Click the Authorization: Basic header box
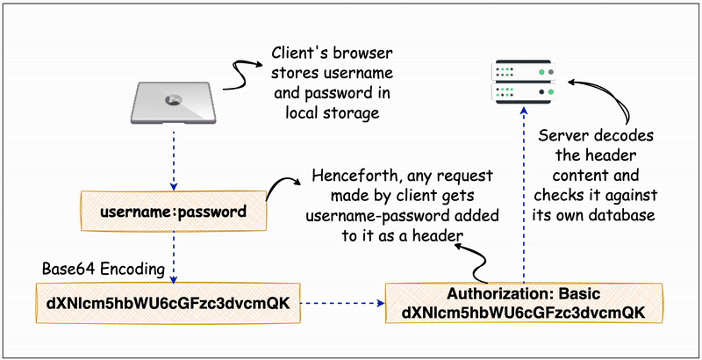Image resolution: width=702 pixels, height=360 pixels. coord(522,303)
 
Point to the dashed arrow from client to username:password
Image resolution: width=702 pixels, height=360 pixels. coord(174,158)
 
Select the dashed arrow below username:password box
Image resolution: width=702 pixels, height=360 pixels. coord(174,256)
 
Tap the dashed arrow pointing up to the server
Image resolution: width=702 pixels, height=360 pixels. coord(523,193)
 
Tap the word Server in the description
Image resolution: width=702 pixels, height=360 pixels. coord(562,136)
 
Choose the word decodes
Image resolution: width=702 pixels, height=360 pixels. coord(626,136)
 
